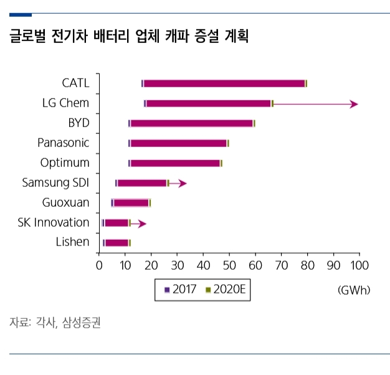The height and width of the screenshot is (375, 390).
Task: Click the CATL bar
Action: click(x=224, y=83)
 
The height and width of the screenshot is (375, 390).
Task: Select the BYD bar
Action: click(x=192, y=123)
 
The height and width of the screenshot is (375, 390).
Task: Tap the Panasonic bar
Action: click(x=179, y=143)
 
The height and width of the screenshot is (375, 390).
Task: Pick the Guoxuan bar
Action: click(x=131, y=202)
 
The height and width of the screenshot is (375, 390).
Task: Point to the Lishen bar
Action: click(x=117, y=242)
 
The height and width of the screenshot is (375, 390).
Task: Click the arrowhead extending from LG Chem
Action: click(x=354, y=104)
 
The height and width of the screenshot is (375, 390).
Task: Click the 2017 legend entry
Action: click(x=181, y=290)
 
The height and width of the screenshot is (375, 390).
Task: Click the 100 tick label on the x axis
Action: click(x=359, y=265)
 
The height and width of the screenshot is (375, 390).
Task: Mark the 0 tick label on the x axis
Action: click(x=99, y=265)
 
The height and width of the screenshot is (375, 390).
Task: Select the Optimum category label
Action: click(x=65, y=163)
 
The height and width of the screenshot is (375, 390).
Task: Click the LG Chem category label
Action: click(x=65, y=103)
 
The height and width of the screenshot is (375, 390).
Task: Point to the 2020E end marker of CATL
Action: click(x=306, y=83)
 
